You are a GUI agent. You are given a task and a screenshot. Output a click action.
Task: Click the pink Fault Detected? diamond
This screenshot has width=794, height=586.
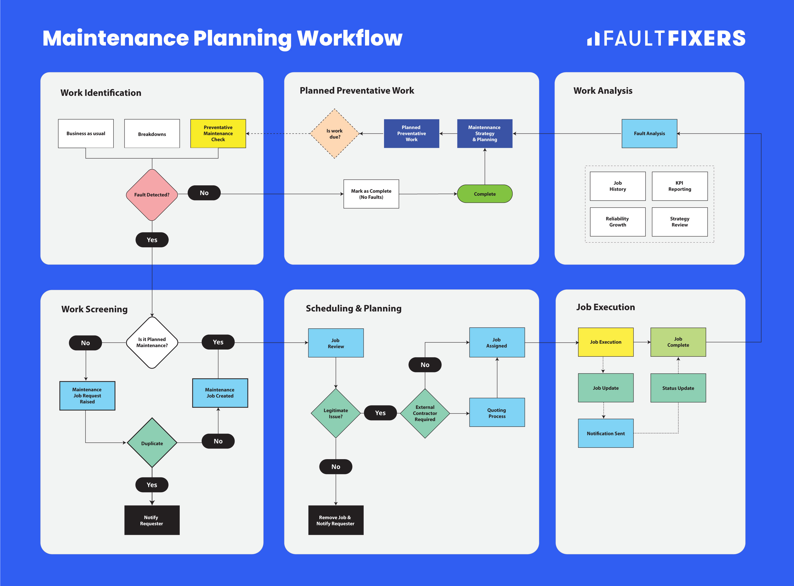coord(152,195)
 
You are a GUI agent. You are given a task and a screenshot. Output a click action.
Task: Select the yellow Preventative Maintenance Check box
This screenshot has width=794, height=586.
coord(218,133)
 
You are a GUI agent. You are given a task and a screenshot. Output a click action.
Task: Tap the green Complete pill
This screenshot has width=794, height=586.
coord(485,194)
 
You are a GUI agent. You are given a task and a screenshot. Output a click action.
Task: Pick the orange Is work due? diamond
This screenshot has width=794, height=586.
coord(335,134)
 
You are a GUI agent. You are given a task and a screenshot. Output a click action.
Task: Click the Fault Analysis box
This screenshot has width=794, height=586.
coord(649,133)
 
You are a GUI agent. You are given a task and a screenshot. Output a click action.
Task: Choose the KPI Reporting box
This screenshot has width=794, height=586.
coord(679,186)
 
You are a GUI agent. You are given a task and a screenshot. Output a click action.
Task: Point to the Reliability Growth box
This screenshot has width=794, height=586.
coord(617,222)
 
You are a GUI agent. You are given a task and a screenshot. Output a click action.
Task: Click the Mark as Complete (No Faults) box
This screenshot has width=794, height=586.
coord(371,194)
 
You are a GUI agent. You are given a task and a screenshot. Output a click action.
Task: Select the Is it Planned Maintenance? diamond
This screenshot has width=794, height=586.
coord(152,342)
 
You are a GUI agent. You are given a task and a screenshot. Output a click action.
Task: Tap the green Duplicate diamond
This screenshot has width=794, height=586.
coord(152,443)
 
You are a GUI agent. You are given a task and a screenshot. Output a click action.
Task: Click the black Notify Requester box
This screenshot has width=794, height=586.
coord(152,520)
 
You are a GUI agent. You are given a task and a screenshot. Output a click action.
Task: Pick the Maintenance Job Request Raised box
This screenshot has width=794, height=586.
coord(87,396)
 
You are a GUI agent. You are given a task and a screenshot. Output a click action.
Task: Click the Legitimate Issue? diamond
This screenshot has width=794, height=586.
coord(336,413)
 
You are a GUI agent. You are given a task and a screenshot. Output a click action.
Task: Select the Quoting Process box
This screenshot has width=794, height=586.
coord(497,413)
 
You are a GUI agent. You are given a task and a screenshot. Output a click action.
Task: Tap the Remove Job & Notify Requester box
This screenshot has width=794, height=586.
coord(336,520)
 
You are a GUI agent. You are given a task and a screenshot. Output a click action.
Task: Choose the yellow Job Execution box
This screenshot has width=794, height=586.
coord(606,342)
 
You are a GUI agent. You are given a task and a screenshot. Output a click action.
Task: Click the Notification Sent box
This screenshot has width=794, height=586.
coord(606,433)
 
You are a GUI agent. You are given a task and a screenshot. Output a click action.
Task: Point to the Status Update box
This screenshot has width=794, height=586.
coord(678,388)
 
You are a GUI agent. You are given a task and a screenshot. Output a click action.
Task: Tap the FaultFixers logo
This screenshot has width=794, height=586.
coord(666,38)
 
